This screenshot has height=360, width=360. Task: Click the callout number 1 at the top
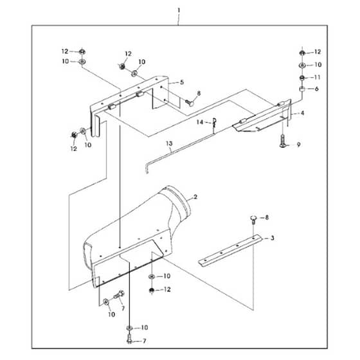[x=179, y=10]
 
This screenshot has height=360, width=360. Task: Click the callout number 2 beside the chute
[x=195, y=197]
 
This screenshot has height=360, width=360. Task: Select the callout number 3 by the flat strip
[x=272, y=238]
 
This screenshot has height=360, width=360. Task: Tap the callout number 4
[x=302, y=113]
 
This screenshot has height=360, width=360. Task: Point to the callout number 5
[x=182, y=82]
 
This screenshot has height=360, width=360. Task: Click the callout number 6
[x=316, y=89]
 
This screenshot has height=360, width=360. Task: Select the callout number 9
[x=298, y=145]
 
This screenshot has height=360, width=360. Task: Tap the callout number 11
[x=317, y=77]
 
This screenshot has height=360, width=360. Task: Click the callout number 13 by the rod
[x=169, y=143]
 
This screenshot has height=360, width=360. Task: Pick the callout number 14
[x=200, y=122]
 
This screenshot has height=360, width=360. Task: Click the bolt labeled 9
[x=283, y=141]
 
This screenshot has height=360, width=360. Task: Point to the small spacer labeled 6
[x=302, y=89]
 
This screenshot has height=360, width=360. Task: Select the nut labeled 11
[x=302, y=78]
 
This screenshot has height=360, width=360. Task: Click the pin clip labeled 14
[x=214, y=123]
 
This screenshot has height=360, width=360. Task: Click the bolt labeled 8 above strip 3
[x=253, y=219]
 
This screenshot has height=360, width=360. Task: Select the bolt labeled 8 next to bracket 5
[x=190, y=102]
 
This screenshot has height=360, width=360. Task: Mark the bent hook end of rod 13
[x=147, y=168]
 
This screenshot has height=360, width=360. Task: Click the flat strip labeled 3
[x=230, y=251]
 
